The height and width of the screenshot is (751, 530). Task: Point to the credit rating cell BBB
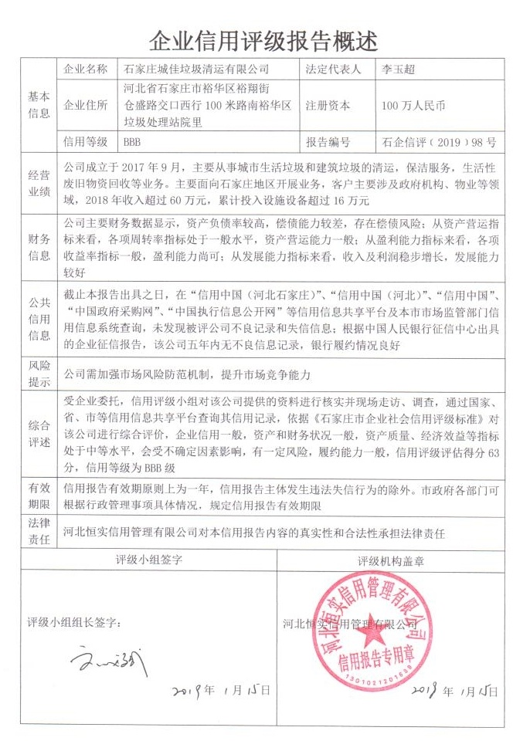click(x=132, y=143)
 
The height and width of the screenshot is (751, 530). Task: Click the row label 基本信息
click(x=39, y=106)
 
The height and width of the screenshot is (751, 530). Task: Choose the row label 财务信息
click(x=39, y=245)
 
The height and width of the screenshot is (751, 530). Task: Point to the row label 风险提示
click(x=39, y=374)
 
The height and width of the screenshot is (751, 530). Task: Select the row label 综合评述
click(x=39, y=435)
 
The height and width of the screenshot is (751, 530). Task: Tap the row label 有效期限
click(x=39, y=496)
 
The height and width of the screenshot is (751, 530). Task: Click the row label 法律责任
click(x=39, y=533)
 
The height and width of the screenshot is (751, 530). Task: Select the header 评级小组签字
click(x=149, y=560)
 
